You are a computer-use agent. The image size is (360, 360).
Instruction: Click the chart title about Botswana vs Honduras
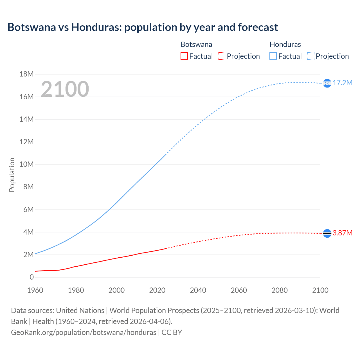(143, 27)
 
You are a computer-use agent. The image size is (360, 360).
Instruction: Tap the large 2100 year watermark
(65, 89)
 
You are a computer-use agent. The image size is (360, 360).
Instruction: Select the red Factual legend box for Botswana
(184, 56)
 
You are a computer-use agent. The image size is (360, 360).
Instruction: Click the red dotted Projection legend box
(222, 56)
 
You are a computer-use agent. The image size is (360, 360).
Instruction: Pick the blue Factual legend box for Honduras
(273, 56)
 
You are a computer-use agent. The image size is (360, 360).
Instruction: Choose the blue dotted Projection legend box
(310, 56)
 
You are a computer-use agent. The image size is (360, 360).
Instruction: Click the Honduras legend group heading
(285, 44)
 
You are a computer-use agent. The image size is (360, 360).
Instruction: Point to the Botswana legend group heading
(196, 44)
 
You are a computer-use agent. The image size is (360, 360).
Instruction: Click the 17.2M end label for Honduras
(342, 83)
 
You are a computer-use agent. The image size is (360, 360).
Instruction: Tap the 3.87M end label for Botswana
(342, 233)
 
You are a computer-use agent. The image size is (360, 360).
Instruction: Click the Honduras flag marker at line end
(327, 83)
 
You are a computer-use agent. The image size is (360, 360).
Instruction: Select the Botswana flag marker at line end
(327, 233)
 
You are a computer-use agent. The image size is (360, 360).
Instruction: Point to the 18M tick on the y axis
(26, 74)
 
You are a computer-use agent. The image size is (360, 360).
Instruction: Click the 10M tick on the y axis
(26, 165)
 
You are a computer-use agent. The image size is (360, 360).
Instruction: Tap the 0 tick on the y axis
(31, 277)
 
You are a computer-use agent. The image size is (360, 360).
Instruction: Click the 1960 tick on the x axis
(35, 290)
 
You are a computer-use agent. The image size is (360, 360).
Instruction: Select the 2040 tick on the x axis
(198, 290)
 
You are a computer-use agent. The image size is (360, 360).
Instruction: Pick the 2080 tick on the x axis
(280, 290)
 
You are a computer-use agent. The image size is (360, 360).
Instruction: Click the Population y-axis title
(12, 175)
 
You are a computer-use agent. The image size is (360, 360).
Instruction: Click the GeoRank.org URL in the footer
(84, 332)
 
